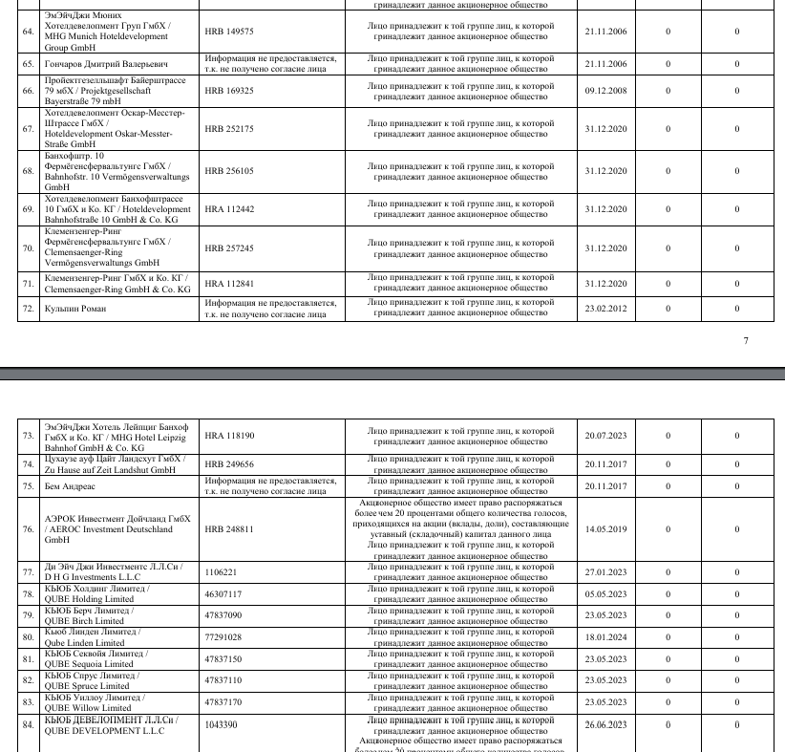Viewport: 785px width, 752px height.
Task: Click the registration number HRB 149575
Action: [229, 32]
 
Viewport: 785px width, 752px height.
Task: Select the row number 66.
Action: [28, 91]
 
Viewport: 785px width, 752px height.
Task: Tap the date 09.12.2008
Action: [605, 91]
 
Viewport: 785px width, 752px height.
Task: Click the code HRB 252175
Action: [229, 129]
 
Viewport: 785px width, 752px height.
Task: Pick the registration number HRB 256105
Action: [229, 171]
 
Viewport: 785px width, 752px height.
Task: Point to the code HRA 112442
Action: [229, 209]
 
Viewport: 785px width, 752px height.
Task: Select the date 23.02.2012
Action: [605, 309]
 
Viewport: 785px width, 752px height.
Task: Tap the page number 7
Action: [746, 340]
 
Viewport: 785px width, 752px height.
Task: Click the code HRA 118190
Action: [229, 436]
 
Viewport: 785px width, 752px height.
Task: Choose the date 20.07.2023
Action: [605, 436]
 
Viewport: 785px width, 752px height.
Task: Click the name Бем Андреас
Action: [71, 486]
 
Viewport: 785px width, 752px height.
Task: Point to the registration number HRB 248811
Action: [229, 528]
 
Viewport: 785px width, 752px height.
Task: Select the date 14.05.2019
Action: [605, 528]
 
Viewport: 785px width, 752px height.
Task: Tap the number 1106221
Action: [222, 572]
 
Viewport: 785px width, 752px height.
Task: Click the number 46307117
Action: [223, 594]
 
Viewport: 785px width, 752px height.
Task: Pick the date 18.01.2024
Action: [605, 637]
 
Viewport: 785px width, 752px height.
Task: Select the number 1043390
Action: [222, 725]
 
